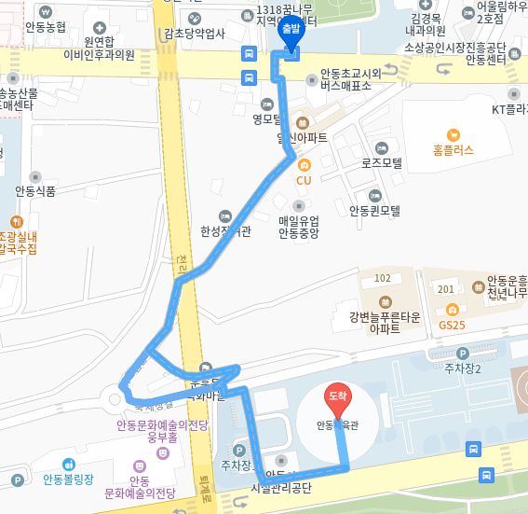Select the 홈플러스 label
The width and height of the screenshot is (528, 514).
click(454, 149)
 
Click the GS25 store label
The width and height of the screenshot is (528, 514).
click(452, 325)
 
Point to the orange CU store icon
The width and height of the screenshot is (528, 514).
click(304, 165)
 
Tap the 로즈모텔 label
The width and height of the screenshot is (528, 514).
click(382, 162)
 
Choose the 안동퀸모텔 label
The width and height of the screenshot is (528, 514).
click(374, 211)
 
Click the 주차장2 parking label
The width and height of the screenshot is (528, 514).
click(463, 368)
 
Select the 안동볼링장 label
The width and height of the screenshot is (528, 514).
click(68, 480)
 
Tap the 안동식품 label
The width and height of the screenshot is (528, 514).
click(35, 191)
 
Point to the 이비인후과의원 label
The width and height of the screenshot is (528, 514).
click(99, 55)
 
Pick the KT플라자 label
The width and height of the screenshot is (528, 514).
click(509, 109)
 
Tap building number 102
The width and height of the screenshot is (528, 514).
click(382, 278)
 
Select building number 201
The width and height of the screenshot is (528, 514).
click(446, 289)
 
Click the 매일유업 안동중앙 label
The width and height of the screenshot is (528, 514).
click(299, 228)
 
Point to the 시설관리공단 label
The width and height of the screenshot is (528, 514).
click(280, 488)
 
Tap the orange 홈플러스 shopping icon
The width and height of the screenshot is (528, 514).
click(454, 133)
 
